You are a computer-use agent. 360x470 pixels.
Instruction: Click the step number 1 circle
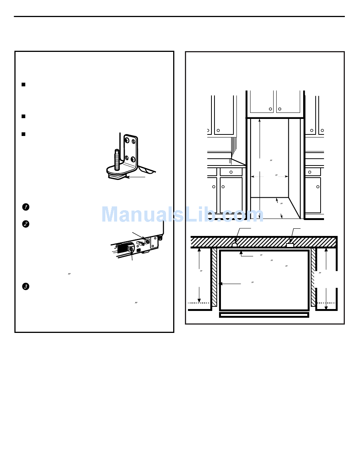point(25,207)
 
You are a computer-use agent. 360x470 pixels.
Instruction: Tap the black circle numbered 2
point(25,224)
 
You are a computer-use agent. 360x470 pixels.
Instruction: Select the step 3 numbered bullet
point(25,286)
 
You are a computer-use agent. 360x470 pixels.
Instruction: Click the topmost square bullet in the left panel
point(23,84)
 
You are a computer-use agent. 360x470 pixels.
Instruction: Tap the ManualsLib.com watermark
point(182,214)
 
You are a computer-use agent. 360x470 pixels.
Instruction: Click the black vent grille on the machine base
point(123,248)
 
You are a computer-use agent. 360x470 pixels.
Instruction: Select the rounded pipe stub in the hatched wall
point(235,245)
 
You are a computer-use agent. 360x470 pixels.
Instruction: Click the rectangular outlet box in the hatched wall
point(290,245)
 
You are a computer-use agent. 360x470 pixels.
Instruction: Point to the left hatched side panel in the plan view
point(214,276)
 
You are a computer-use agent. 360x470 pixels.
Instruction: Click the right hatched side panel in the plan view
point(313,276)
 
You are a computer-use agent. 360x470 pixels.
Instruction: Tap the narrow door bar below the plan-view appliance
point(264,315)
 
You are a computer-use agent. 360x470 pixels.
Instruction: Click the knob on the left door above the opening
point(271,109)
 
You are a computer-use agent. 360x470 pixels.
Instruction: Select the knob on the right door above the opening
point(280,109)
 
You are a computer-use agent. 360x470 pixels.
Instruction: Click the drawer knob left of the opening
point(231,172)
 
